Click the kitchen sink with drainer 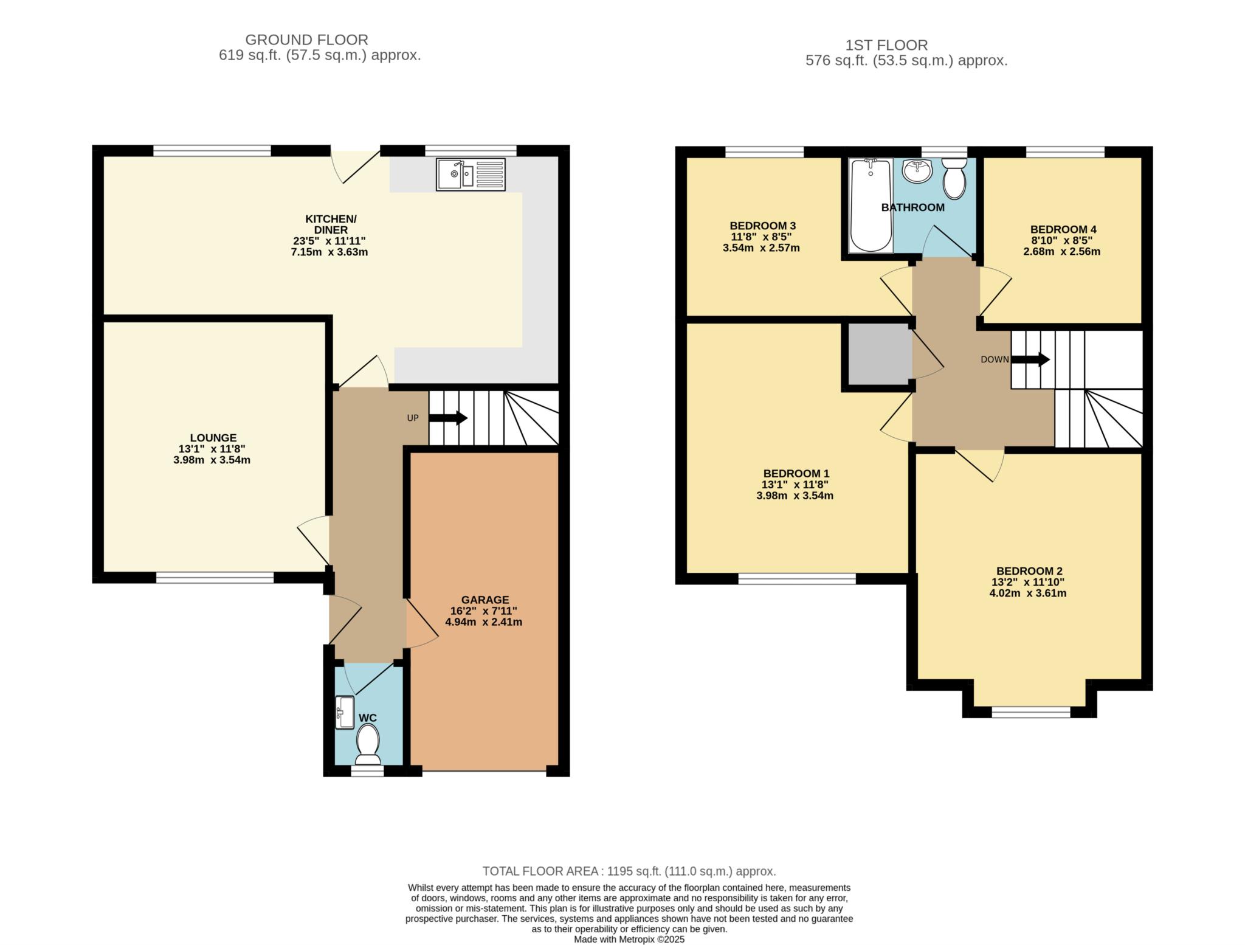click(471, 174)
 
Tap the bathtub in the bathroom click(871, 205)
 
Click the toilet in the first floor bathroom click(954, 178)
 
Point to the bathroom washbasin click(917, 170)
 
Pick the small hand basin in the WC click(345, 712)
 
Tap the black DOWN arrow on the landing click(1030, 359)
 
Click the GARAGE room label click(485, 600)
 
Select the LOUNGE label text click(213, 438)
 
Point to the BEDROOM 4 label click(1063, 229)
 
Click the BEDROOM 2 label click(1029, 571)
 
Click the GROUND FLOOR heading click(306, 40)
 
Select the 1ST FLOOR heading click(886, 45)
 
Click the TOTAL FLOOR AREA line click(629, 871)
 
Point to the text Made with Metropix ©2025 click(629, 940)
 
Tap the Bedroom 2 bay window click(1031, 712)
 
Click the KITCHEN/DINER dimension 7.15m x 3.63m click(329, 252)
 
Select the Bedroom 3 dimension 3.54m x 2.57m click(761, 248)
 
